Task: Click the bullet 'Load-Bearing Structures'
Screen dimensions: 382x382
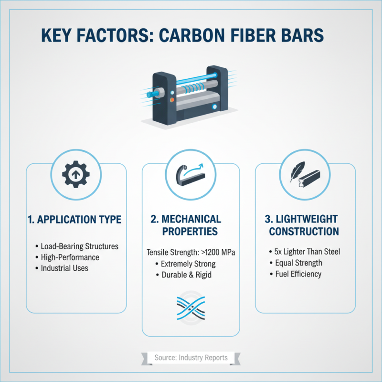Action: click(79, 246)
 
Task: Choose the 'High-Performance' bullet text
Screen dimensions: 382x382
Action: click(71, 257)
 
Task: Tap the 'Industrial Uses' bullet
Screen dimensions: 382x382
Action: click(64, 268)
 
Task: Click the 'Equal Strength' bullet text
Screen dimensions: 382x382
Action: click(298, 263)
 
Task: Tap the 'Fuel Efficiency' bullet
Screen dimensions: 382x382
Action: click(298, 274)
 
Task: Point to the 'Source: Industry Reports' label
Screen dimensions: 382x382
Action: click(191, 358)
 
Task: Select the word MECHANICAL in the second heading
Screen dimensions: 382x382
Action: click(191, 219)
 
